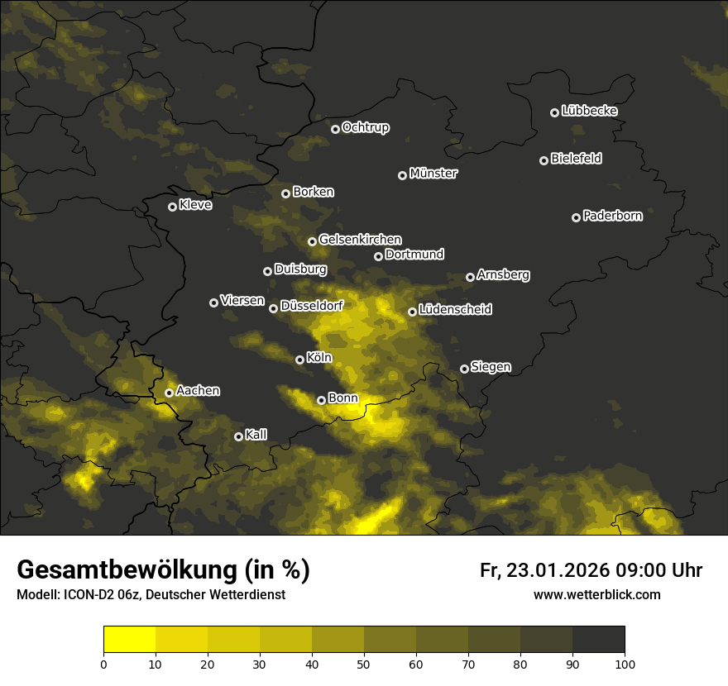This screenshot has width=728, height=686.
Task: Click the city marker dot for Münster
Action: click(403, 175)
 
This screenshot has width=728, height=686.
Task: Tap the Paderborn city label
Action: click(612, 216)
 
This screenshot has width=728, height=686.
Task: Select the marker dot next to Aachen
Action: click(170, 393)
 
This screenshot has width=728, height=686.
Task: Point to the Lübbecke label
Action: click(589, 111)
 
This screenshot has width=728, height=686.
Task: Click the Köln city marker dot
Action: click(300, 360)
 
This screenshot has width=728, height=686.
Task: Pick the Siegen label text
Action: click(491, 367)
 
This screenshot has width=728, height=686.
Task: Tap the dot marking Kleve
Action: click(173, 207)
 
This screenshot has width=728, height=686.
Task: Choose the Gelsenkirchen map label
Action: click(360, 240)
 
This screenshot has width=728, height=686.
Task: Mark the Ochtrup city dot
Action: click(335, 129)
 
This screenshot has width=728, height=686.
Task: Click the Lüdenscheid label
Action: click(455, 310)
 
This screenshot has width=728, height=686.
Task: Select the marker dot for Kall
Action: click(239, 436)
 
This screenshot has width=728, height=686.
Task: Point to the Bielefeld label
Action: click(576, 159)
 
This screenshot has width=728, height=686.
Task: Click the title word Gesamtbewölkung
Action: click(125, 569)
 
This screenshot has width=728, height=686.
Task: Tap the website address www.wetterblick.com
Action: click(596, 594)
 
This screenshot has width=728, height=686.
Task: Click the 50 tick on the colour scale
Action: click(364, 663)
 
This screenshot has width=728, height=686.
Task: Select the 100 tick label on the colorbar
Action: click(625, 663)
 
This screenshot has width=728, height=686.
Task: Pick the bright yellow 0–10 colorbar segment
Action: click(130, 640)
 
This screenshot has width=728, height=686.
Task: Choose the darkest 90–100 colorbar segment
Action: click(598, 640)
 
